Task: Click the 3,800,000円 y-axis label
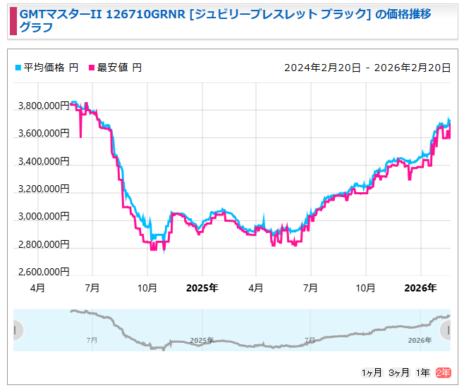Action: (x=43, y=106)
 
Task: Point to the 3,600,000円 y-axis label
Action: (x=43, y=133)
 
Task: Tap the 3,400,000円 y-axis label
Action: (x=43, y=161)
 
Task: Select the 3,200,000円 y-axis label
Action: (x=43, y=189)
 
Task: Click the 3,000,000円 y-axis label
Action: (x=43, y=217)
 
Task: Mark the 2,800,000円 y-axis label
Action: (x=43, y=244)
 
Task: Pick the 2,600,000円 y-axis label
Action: (x=43, y=272)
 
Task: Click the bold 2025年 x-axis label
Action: (x=202, y=288)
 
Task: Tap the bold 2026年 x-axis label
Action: (x=420, y=288)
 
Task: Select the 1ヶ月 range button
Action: (x=372, y=372)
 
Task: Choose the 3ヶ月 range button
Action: (x=399, y=372)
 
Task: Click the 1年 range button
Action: (x=423, y=372)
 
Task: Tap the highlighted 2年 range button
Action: (x=444, y=372)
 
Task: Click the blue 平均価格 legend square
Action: (x=18, y=68)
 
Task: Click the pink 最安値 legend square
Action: (x=92, y=68)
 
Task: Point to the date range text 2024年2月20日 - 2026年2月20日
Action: (x=367, y=68)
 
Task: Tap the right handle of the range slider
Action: (x=446, y=329)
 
